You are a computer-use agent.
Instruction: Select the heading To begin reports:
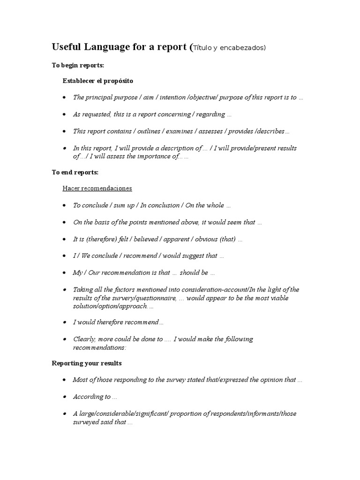(78, 65)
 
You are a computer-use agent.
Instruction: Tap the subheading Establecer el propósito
(98, 81)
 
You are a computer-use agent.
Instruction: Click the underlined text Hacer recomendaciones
(97, 188)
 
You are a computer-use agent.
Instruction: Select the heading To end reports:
(75, 172)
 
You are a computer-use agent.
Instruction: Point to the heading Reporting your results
(87, 363)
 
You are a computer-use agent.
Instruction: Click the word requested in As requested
(97, 114)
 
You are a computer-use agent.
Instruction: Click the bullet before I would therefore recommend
(64, 322)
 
